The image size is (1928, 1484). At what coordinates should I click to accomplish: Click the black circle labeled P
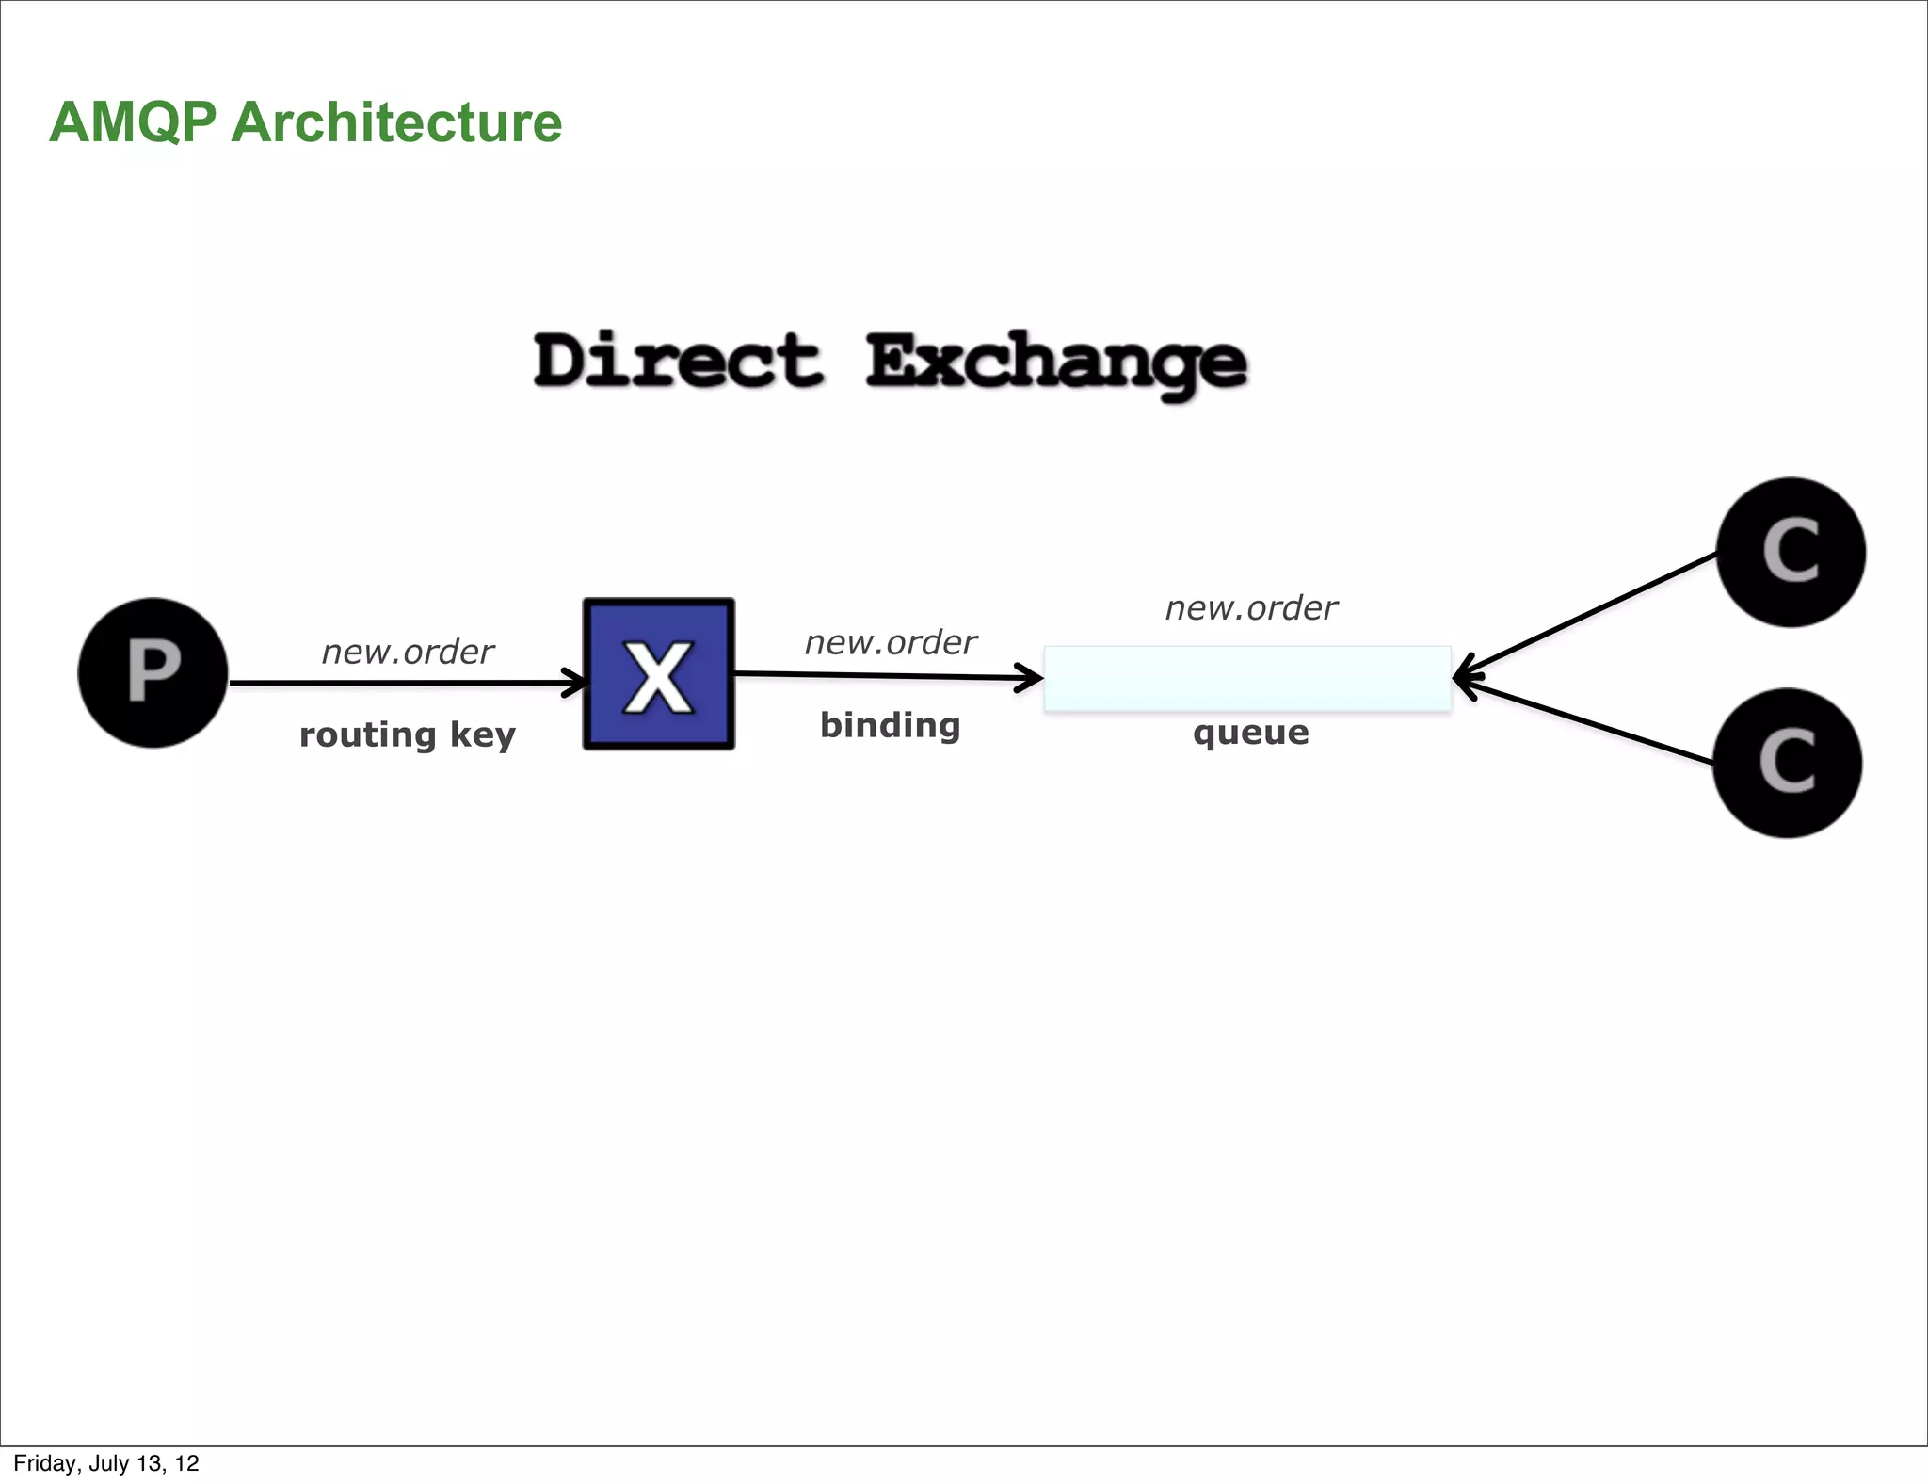pos(153,672)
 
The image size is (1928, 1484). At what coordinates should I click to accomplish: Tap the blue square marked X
pos(658,673)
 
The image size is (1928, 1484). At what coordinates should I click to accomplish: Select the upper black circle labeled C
pos(1791,552)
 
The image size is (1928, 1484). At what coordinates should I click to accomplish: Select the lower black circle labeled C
pos(1787,763)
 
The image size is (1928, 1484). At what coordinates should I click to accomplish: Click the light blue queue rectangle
pos(1247,679)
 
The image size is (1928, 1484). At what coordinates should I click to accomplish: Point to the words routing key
pos(407,734)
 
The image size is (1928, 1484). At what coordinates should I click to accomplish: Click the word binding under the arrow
pos(890,725)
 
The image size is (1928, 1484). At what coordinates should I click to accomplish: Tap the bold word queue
pos(1250,732)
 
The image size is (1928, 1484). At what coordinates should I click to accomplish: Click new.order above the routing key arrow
pos(408,652)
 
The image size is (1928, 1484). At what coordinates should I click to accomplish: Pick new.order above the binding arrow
pos(891,642)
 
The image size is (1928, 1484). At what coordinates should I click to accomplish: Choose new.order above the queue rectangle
pos(1251,608)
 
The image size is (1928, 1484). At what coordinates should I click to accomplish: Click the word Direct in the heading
pos(677,361)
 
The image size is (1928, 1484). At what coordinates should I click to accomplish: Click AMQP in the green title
pos(133,122)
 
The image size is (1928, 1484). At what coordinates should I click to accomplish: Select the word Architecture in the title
pos(396,122)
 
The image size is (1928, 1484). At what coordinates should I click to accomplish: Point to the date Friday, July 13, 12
pos(106,1463)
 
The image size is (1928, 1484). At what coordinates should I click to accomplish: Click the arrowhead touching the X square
pos(574,682)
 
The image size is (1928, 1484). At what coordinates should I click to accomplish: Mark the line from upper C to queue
pos(1591,614)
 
